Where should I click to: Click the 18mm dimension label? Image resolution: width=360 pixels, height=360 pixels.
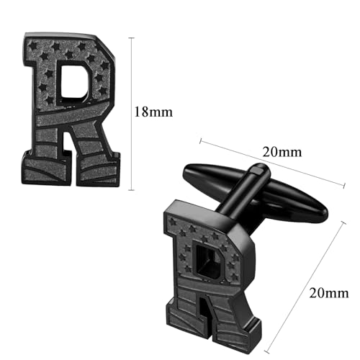[153, 112]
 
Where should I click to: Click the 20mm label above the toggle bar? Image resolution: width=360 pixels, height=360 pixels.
[282, 152]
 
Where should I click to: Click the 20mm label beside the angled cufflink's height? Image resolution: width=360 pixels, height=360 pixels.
[329, 293]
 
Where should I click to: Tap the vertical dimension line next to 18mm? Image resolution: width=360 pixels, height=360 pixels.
[131, 114]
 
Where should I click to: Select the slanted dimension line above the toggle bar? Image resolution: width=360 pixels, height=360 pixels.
[272, 163]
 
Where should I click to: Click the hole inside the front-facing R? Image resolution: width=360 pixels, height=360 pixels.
[73, 81]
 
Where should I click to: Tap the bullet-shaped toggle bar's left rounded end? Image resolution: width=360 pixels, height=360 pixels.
[186, 171]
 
